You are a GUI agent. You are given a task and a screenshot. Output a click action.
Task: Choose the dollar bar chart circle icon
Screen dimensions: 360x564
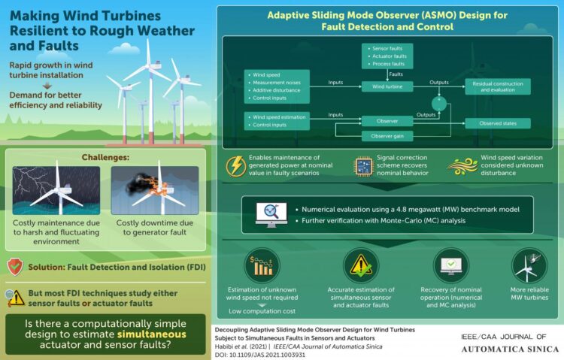coord(262,266)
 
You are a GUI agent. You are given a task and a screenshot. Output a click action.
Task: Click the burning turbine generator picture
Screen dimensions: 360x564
coord(154,191)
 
